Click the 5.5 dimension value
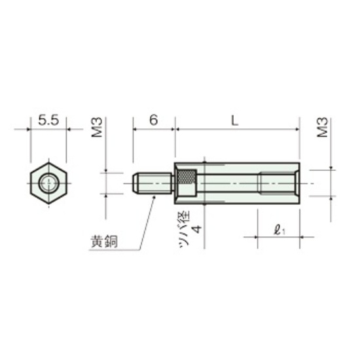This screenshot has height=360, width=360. [x=48, y=120]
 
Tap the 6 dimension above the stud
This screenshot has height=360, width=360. [x=154, y=120]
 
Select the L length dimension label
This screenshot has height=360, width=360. [x=234, y=120]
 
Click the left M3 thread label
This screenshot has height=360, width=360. [x=97, y=127]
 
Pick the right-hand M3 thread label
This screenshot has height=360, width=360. [x=322, y=127]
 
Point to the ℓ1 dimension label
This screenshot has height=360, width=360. [x=279, y=230]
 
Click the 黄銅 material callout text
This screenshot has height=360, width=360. [x=105, y=242]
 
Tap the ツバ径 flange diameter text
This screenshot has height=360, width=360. [x=185, y=229]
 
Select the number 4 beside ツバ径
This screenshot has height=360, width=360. [x=196, y=229]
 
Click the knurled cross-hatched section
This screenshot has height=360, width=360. [x=187, y=177]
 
